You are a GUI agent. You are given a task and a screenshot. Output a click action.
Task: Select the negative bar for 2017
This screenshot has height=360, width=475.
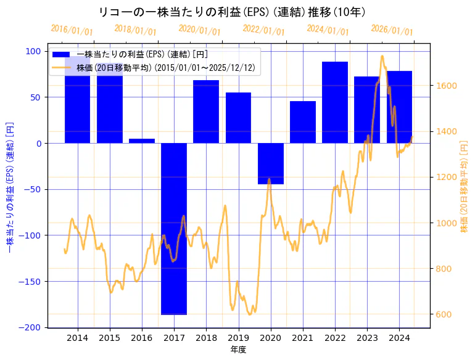[174, 228]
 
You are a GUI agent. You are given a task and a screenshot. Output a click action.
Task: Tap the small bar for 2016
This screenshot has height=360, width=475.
[142, 141]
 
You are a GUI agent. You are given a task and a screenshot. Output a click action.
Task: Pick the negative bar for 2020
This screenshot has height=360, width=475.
[271, 163]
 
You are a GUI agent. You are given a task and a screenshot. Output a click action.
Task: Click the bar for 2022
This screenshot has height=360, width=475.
[335, 102]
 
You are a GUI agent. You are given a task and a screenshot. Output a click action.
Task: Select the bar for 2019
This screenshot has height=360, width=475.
[238, 118]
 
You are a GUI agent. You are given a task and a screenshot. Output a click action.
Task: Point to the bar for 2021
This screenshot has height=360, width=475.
[303, 122]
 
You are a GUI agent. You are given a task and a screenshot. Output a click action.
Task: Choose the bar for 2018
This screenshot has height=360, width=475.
[206, 112]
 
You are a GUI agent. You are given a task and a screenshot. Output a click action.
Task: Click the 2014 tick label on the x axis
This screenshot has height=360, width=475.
[78, 338]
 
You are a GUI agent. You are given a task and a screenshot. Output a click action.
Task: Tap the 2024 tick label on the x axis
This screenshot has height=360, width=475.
[400, 338]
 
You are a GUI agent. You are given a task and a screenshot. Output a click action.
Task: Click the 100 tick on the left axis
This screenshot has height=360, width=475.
[35, 51]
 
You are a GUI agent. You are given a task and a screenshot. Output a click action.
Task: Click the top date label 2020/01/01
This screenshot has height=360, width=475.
[199, 30]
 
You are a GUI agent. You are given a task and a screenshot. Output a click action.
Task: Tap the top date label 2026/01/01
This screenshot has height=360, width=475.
[392, 30]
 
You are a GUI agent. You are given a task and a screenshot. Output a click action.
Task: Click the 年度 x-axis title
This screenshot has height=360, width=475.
[238, 350]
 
